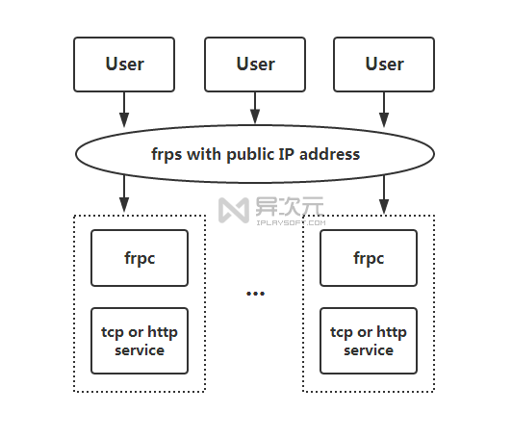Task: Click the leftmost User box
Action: [124, 65]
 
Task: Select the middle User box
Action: [255, 65]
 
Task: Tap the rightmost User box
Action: [384, 65]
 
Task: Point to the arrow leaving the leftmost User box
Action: [124, 109]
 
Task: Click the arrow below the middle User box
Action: [255, 108]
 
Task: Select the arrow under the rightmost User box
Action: [384, 109]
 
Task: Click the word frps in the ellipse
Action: [169, 154]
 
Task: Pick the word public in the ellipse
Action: [252, 154]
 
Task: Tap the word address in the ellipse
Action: [329, 154]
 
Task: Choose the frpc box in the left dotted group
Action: [140, 258]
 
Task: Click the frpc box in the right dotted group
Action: [369, 258]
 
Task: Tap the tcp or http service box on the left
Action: [140, 341]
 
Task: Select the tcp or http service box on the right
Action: [369, 341]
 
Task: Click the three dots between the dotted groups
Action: [255, 293]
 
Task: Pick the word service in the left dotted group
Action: [140, 350]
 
